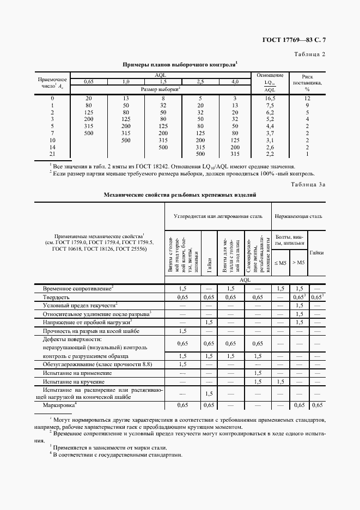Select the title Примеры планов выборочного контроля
[180, 64]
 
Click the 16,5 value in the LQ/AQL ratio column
[270, 98]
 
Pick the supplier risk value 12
[307, 98]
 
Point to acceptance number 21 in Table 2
[52, 154]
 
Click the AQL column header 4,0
[235, 81]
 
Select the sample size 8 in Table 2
[163, 98]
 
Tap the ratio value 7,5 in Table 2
[270, 105]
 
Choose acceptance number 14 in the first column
[52, 147]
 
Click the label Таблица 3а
[307, 185]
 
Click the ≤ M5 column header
[280, 263]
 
